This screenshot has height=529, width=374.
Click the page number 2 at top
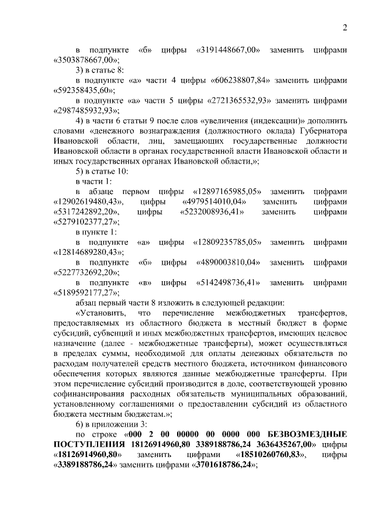tap(345, 27)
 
